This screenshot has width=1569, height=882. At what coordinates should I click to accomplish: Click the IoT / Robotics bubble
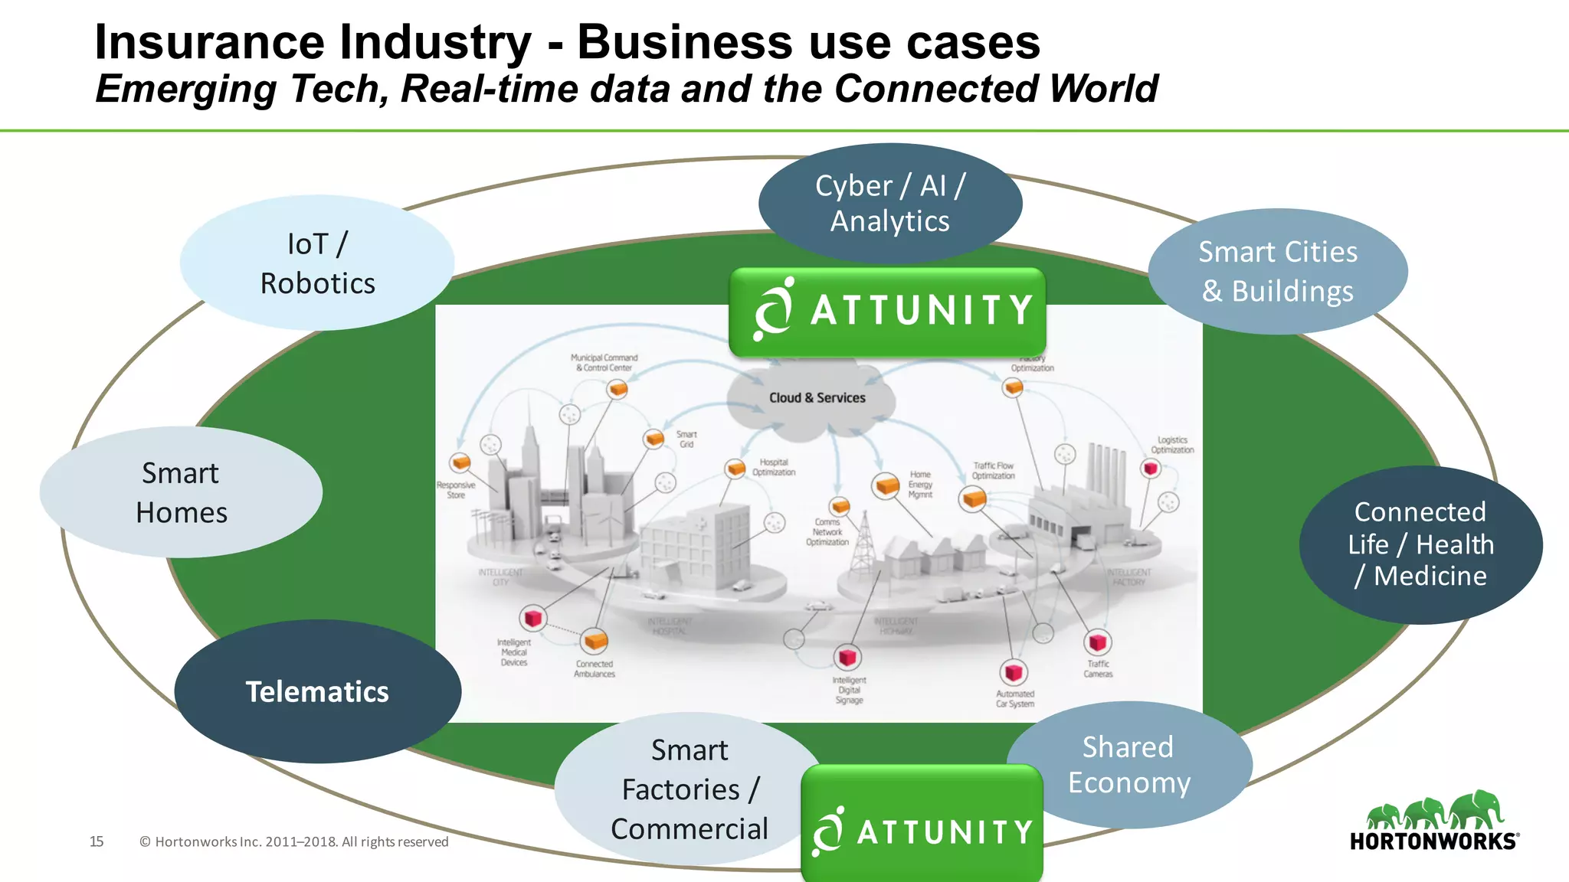[x=317, y=263]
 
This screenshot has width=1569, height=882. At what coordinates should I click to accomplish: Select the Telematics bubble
[x=317, y=691]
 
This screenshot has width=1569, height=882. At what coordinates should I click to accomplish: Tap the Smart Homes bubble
[x=181, y=492]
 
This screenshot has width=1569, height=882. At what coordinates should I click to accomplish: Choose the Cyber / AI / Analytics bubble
[x=889, y=203]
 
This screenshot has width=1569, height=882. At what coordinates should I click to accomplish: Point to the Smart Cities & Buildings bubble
[x=1277, y=271]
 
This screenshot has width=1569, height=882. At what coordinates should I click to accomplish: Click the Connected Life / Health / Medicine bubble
[x=1420, y=544]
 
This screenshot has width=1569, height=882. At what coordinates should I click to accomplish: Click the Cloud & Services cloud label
[x=817, y=398]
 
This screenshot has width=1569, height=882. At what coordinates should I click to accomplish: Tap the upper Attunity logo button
[x=887, y=311]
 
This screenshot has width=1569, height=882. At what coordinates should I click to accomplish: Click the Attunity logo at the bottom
[x=922, y=830]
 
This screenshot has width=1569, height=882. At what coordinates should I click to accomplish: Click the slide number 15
[x=97, y=841]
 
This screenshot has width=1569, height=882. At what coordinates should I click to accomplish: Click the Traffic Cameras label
[x=1098, y=668]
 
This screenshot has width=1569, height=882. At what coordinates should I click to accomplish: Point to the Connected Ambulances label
[x=595, y=668]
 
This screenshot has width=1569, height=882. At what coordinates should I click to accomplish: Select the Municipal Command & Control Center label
[x=604, y=362]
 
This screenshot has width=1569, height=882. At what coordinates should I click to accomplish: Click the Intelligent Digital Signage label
[x=849, y=690]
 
